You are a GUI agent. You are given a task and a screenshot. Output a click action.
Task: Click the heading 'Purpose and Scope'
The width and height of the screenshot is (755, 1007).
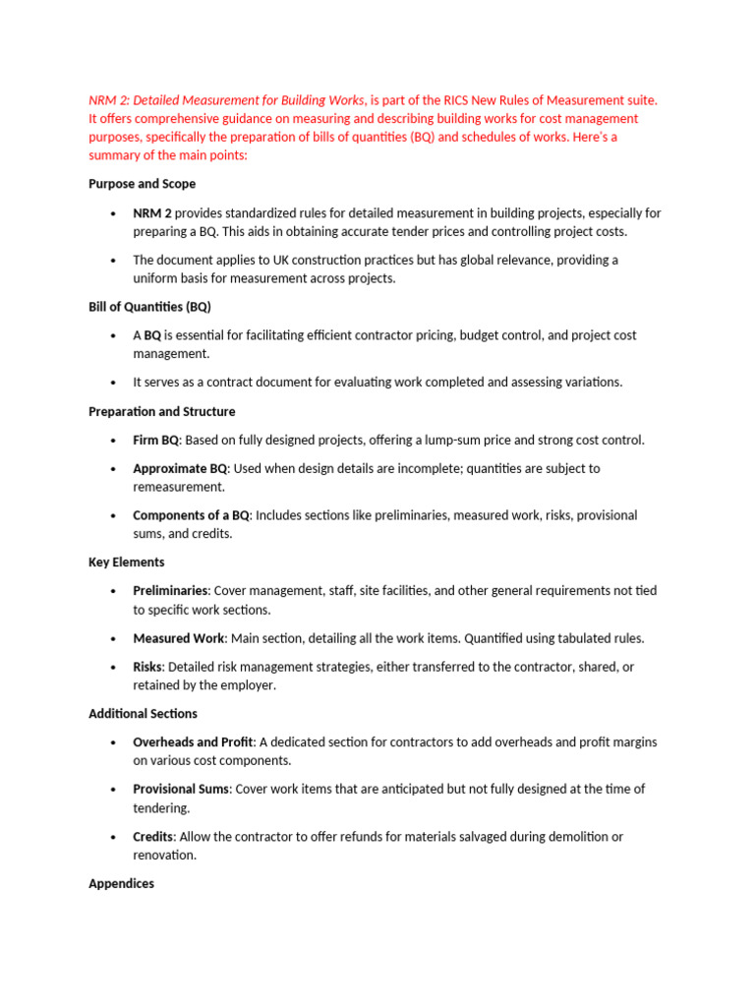coord(142,184)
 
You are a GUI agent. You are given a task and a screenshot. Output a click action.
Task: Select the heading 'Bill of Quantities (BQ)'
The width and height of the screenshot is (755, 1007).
coord(149,307)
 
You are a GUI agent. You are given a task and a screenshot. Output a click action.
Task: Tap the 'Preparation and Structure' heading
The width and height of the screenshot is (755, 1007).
coord(161,412)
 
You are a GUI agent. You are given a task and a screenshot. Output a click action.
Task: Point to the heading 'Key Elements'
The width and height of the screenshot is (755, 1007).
coord(127,563)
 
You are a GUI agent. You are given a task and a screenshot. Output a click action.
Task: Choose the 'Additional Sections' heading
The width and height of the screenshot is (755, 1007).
coord(143,714)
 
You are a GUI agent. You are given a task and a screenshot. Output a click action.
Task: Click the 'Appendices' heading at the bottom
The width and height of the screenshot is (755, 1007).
coord(121,884)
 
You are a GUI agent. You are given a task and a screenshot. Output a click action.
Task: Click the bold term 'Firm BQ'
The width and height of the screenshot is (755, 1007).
coord(155,441)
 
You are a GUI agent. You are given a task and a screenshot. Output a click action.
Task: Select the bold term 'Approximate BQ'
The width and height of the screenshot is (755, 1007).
coord(180,469)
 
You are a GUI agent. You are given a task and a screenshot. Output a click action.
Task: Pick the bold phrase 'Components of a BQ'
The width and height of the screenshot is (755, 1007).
coord(192,515)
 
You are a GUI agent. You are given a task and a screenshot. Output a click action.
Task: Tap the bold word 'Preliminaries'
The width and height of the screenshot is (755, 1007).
coord(170,591)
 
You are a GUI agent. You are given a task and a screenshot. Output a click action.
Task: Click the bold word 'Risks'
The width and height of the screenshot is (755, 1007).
coord(147,667)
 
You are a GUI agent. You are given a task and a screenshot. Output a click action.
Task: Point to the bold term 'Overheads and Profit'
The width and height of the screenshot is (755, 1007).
coord(194,741)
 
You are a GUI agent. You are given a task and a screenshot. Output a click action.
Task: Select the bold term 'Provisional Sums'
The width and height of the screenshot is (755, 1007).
coord(181,789)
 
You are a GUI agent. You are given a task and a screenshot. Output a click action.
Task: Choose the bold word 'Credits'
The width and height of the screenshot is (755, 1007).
coord(153,837)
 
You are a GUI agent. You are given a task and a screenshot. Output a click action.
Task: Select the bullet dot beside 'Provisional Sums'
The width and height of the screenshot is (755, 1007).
coord(114,790)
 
